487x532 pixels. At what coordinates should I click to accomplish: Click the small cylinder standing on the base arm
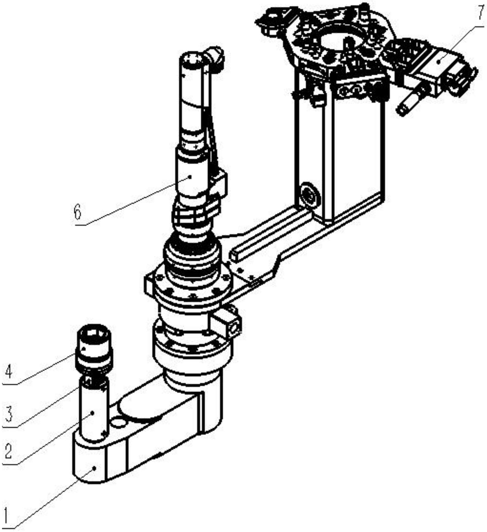coord(94,410)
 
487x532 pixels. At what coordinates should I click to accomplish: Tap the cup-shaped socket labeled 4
coord(94,350)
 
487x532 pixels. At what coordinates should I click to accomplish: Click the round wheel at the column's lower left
coord(311,196)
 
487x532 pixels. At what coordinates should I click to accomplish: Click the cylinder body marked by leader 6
coord(191,175)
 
